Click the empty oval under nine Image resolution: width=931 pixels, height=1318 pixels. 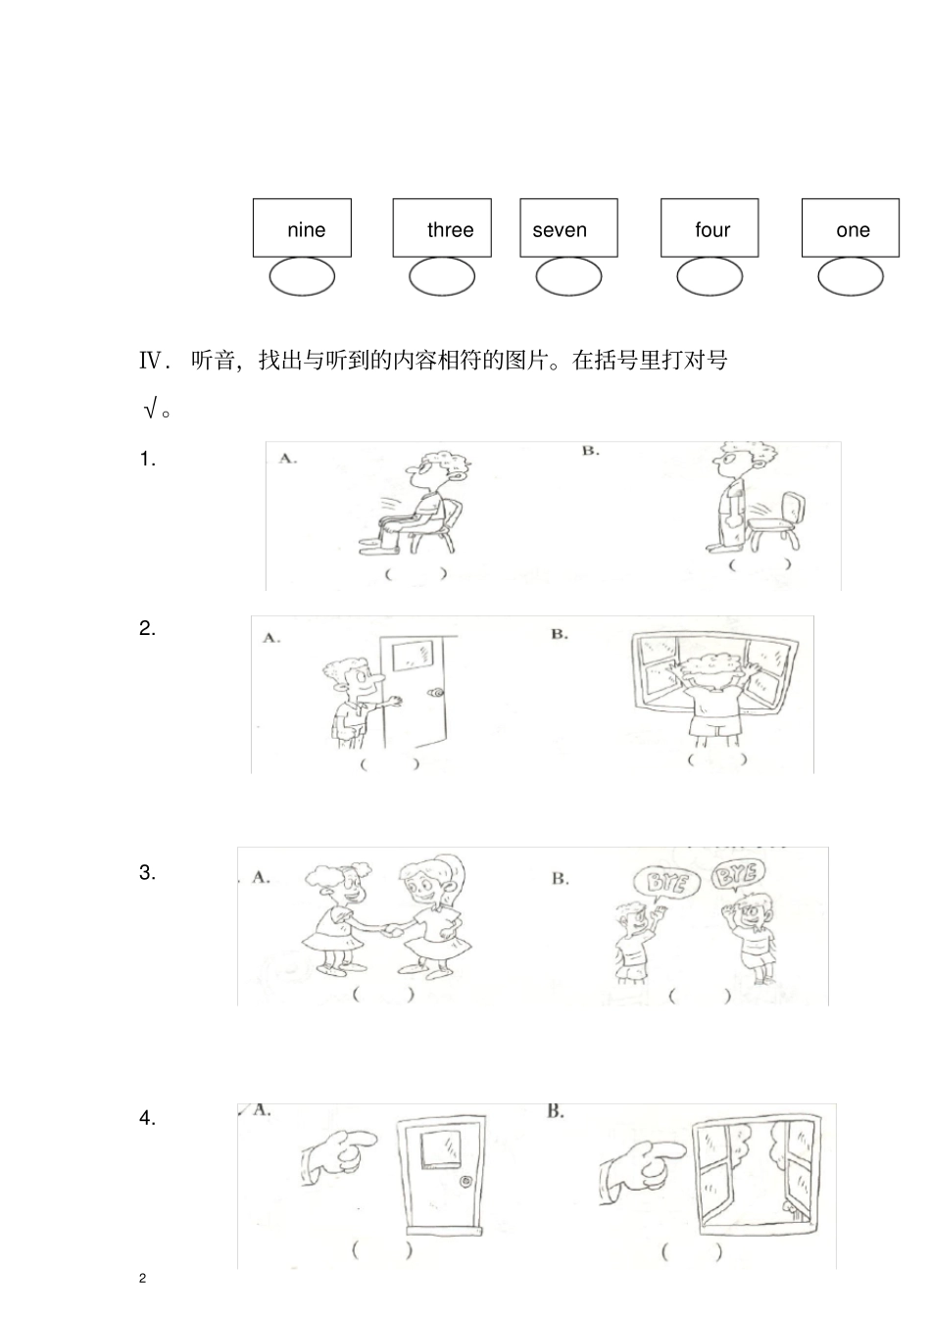(302, 277)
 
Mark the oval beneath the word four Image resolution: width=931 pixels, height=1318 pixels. (710, 277)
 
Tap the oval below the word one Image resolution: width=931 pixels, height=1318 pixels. (850, 277)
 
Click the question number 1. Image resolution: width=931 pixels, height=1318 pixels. (147, 459)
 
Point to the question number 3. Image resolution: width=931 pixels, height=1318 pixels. (147, 872)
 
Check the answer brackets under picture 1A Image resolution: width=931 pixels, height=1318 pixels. (416, 573)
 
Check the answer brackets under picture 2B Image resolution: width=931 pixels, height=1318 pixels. (716, 758)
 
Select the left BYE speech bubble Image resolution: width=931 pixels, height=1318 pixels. (667, 883)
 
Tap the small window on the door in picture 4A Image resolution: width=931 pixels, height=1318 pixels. (442, 1147)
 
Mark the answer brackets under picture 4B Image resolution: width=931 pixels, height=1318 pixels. (691, 1251)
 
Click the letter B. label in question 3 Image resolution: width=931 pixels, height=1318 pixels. (560, 878)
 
